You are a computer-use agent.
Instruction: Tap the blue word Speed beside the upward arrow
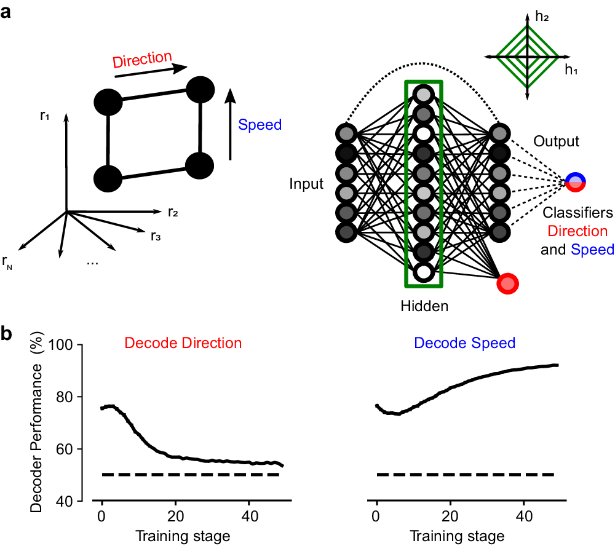pos(260,125)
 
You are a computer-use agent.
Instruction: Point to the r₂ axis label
pos(173,213)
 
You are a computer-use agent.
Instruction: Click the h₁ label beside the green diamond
pos(571,70)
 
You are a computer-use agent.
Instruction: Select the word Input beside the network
pos(306,184)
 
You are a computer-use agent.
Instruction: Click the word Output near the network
pos(556,141)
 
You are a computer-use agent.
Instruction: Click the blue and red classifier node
pos(576,181)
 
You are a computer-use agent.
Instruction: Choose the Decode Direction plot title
pos(183,342)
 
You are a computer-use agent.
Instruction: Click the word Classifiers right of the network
pos(577,213)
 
